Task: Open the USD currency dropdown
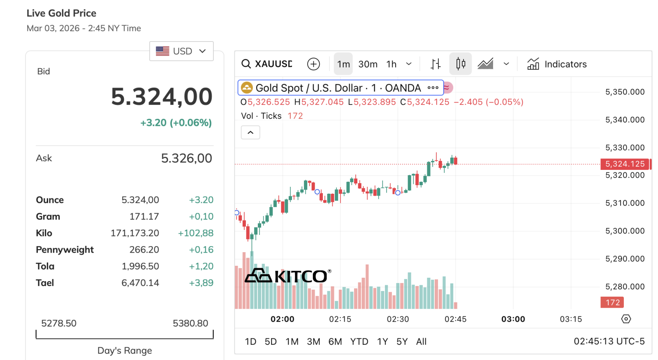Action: (x=181, y=51)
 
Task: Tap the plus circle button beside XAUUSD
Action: (x=313, y=64)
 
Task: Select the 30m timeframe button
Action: (x=368, y=64)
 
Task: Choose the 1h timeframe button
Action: (x=391, y=64)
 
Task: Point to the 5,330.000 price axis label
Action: (x=625, y=147)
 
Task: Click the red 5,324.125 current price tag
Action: (x=625, y=164)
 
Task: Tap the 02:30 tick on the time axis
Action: (x=398, y=319)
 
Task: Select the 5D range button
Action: (x=271, y=341)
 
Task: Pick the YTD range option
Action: (x=359, y=341)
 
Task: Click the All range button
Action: (x=421, y=341)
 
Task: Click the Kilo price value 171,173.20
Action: (x=134, y=233)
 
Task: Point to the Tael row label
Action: (x=45, y=283)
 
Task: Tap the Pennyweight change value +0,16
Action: (x=201, y=250)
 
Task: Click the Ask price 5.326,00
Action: (x=186, y=158)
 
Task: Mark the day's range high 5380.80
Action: (x=190, y=323)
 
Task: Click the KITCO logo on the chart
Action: (x=288, y=276)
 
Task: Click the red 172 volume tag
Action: (x=612, y=302)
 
